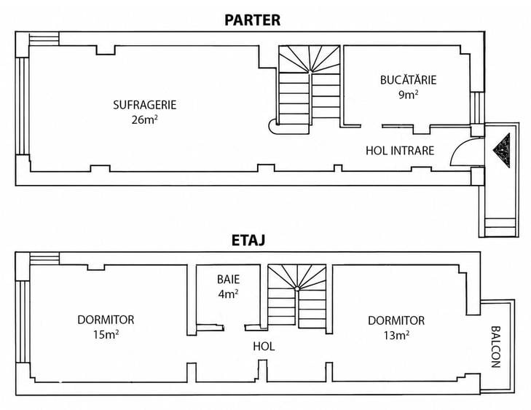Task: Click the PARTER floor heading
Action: [x=252, y=20]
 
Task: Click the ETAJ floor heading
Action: [x=248, y=240]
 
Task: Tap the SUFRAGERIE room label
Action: [x=145, y=105]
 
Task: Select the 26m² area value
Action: [x=145, y=119]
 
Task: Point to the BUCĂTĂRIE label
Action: [x=408, y=80]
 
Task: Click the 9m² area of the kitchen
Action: [x=408, y=95]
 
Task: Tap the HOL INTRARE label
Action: [x=400, y=150]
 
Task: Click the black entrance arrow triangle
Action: [x=502, y=150]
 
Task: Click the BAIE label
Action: [x=228, y=280]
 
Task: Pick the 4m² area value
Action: [x=228, y=294]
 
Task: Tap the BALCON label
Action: [x=495, y=347]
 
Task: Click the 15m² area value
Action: [x=106, y=334]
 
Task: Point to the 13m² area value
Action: [x=396, y=335]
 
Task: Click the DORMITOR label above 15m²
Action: [x=106, y=320]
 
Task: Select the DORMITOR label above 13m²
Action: [x=396, y=320]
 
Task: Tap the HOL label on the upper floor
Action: [x=264, y=347]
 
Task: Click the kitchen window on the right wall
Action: [x=477, y=108]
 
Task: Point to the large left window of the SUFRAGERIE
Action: [x=23, y=106]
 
